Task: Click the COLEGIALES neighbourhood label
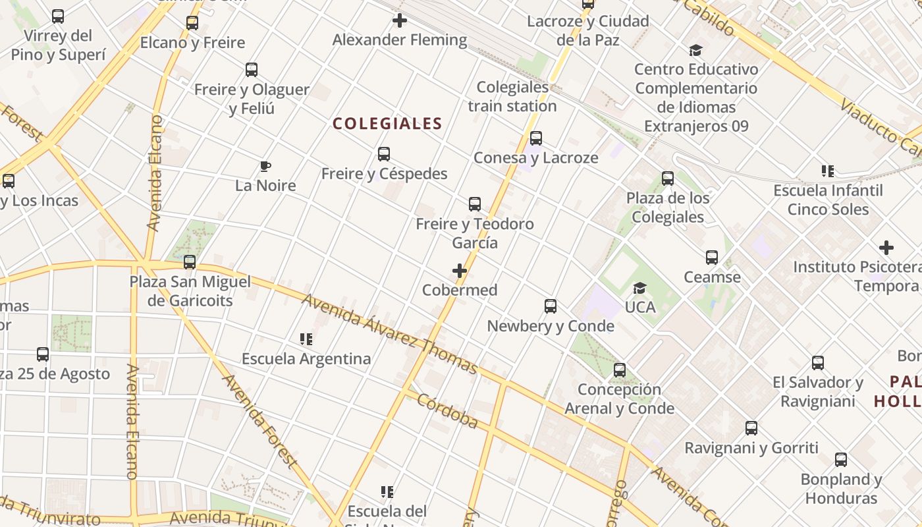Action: click(x=387, y=124)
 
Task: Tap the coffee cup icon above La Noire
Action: click(x=265, y=166)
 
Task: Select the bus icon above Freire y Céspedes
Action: click(x=384, y=154)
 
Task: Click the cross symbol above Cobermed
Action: click(x=460, y=271)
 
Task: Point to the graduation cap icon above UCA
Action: click(x=639, y=288)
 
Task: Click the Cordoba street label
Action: click(x=447, y=411)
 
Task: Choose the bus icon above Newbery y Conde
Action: click(x=551, y=306)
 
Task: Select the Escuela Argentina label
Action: click(x=306, y=359)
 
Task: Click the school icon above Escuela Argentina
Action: click(x=306, y=339)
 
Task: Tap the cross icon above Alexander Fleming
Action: click(x=400, y=20)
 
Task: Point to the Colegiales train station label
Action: click(x=512, y=96)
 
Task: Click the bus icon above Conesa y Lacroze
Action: click(x=536, y=138)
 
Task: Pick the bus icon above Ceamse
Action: click(x=712, y=258)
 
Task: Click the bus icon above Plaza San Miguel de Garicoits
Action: click(x=190, y=262)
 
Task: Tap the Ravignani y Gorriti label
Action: click(x=751, y=448)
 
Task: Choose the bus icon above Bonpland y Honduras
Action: click(x=841, y=460)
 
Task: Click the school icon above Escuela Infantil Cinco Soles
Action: click(x=828, y=171)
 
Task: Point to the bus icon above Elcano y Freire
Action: click(x=192, y=23)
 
